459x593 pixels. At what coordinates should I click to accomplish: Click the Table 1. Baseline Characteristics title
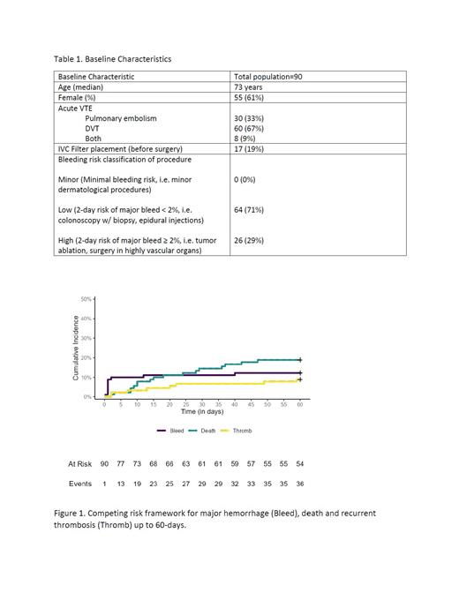(112, 59)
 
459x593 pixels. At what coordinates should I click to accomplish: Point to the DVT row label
(93, 128)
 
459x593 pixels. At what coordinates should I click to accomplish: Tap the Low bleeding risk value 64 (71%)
(251, 210)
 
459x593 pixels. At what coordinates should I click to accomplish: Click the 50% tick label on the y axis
(86, 299)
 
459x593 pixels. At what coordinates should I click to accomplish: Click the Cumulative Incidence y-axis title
(76, 349)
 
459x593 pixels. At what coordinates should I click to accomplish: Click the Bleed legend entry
(170, 431)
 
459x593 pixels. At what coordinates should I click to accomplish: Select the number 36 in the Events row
(300, 484)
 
